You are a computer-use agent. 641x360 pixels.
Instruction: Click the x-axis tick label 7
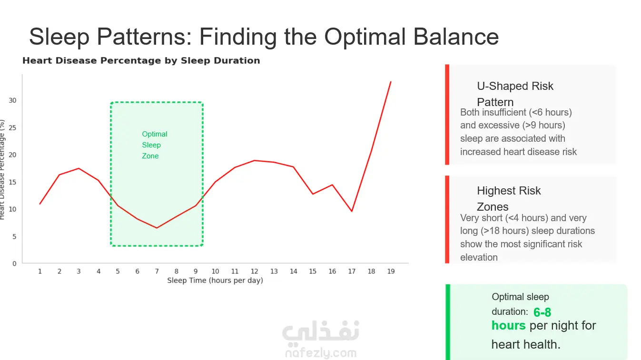157,272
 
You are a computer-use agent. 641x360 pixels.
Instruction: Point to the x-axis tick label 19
391,272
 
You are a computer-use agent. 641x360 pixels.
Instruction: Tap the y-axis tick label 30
12,100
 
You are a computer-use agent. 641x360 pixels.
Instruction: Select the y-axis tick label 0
14,263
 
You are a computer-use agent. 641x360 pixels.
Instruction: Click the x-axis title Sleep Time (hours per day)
215,280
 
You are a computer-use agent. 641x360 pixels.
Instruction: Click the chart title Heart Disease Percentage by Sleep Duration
141,60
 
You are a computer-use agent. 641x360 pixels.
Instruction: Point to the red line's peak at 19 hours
391,82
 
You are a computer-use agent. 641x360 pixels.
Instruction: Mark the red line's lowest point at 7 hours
157,228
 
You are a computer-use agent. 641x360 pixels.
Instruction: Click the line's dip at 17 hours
352,211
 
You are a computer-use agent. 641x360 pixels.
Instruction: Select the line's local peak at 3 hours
79,168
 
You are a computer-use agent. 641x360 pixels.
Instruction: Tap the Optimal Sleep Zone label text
155,145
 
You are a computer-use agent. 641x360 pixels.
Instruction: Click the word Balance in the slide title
456,37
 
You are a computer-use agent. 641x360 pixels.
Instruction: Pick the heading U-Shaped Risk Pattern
515,94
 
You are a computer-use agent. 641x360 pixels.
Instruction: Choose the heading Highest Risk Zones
509,198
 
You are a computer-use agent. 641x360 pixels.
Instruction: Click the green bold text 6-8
542,312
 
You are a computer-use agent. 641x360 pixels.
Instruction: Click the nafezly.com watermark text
321,353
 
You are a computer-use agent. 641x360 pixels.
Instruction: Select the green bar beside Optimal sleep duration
448,322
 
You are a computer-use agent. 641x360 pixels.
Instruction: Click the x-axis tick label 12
255,272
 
